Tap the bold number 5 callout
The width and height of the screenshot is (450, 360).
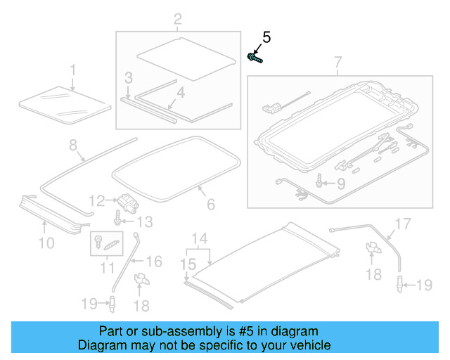point(266,37)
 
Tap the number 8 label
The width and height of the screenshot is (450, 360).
point(72,146)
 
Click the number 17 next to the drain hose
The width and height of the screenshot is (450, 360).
point(401,225)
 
